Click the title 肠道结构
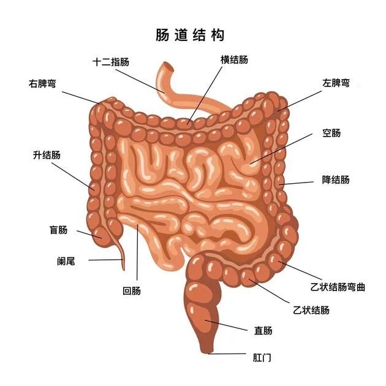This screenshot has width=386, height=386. click(x=190, y=35)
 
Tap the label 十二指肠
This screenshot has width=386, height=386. click(x=111, y=62)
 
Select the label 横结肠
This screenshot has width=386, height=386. click(x=234, y=60)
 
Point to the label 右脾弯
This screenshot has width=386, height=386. click(x=42, y=84)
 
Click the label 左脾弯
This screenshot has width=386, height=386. click(x=336, y=83)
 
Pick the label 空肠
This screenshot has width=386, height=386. click(x=331, y=133)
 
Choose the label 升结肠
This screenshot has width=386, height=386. click(x=47, y=155)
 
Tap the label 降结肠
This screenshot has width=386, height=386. click(x=336, y=180)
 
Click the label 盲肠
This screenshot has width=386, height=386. click(x=59, y=230)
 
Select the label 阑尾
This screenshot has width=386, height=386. click(x=66, y=261)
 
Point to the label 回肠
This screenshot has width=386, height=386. click(x=132, y=291)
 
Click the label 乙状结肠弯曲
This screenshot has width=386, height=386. click(x=338, y=287)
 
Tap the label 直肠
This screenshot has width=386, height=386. click(x=263, y=330)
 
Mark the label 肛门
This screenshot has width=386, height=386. click(x=262, y=357)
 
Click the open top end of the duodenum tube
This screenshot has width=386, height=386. click(x=168, y=66)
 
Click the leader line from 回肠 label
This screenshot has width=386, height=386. click(x=137, y=252)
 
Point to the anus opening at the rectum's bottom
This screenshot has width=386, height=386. click(x=207, y=352)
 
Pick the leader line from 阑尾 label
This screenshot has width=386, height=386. click(x=106, y=260)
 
